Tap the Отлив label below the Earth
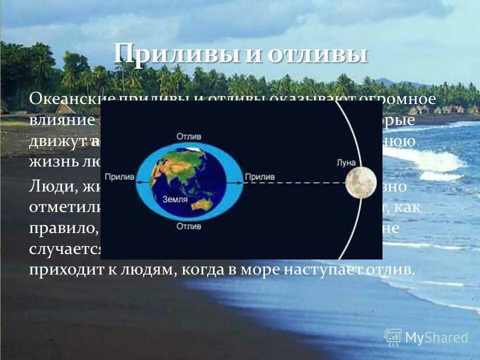pyautogui.click(x=188, y=226)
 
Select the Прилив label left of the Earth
pyautogui.click(x=118, y=177)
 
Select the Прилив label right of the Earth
pyautogui.click(x=259, y=177)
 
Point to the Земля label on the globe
pyautogui.click(x=175, y=199)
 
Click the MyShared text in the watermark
pyautogui.click(x=436, y=338)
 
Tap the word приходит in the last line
pyautogui.click(x=61, y=270)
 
